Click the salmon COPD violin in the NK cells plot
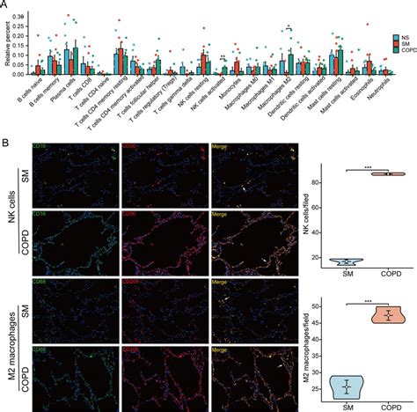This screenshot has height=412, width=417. tap(384, 173)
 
